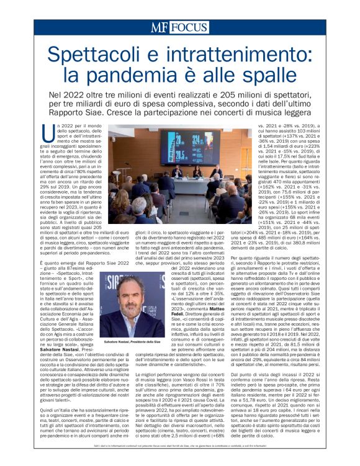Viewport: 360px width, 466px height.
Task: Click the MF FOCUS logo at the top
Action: [x=179, y=27]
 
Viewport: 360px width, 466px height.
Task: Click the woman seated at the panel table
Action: [x=196, y=171]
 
